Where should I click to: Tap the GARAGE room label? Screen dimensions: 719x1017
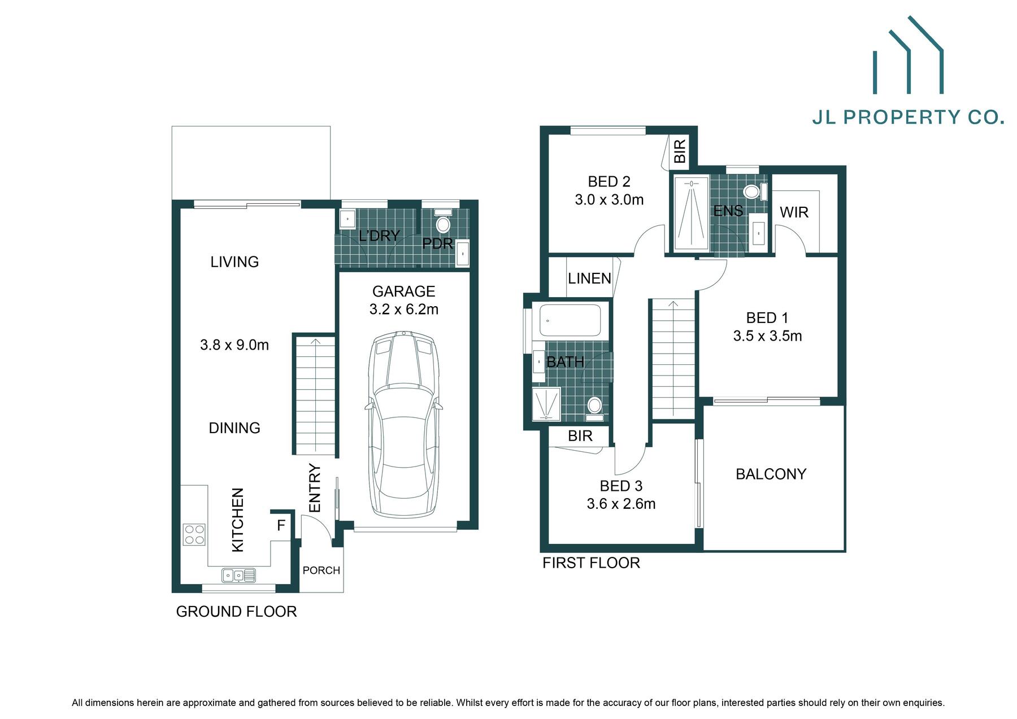[403, 291]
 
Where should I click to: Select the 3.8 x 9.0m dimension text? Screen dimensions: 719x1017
[234, 345]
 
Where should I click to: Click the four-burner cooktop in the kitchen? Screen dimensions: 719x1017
[194, 534]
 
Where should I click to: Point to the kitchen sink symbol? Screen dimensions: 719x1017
[238, 576]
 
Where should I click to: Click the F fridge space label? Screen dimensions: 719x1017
[281, 526]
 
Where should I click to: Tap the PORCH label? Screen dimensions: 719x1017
[321, 570]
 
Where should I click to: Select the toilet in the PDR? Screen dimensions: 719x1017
[444, 225]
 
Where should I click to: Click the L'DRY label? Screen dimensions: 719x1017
[379, 236]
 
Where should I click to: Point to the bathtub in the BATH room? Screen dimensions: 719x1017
[570, 320]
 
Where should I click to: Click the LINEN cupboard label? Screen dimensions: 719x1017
[589, 278]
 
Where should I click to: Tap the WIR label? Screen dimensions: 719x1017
[794, 212]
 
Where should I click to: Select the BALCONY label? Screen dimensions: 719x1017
[771, 474]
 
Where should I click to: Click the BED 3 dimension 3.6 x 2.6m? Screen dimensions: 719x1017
[621, 504]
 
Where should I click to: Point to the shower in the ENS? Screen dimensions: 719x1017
[690, 213]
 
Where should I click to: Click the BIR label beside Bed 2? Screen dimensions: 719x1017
[680, 151]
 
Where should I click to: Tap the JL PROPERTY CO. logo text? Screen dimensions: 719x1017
[907, 117]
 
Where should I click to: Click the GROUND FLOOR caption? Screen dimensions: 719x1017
[236, 612]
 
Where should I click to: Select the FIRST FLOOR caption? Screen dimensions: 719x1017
[591, 563]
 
